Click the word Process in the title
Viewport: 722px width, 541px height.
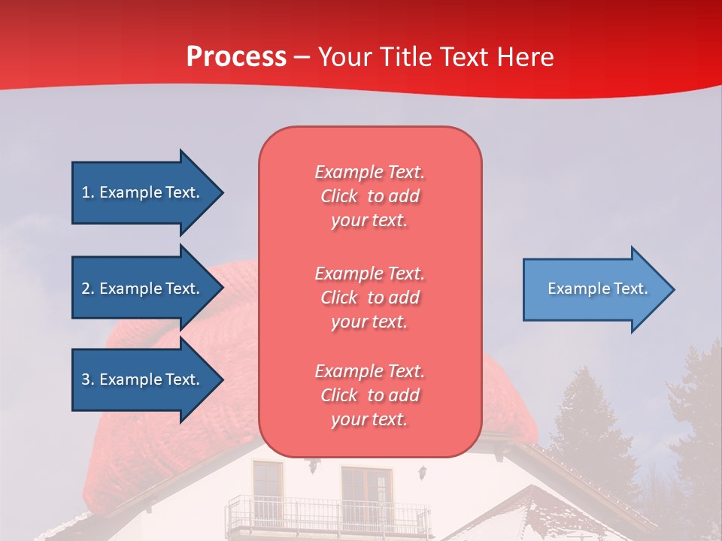(x=236, y=57)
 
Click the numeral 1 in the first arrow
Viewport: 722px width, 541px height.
(x=86, y=192)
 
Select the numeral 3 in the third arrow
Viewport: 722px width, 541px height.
(x=86, y=379)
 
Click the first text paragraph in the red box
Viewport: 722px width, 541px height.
(x=369, y=196)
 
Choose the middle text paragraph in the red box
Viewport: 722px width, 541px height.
(x=369, y=298)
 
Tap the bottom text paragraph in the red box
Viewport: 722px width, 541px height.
(x=369, y=395)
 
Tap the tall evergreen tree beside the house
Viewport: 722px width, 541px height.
(x=587, y=421)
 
